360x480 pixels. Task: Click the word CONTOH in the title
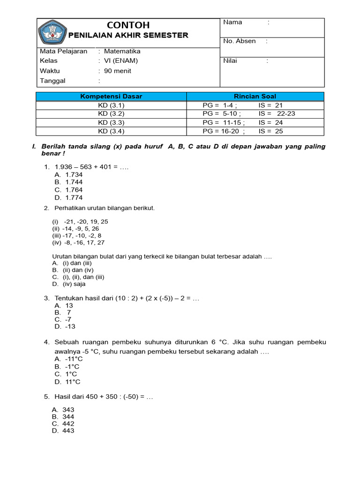128,25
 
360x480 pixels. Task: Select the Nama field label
232,22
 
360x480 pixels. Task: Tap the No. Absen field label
239,41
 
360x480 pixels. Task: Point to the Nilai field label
231,60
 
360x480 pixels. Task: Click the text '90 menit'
118,71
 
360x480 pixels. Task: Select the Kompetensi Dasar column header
111,97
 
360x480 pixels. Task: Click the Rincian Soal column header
255,97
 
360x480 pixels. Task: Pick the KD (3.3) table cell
111,122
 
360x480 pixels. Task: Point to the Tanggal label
52,81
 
